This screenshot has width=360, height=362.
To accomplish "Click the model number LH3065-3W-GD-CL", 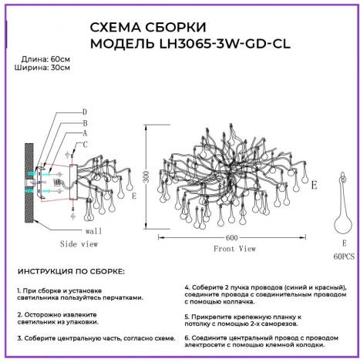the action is click(x=225, y=44).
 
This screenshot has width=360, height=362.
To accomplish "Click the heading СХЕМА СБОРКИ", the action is click(x=148, y=27).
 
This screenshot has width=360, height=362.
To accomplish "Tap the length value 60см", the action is click(x=60, y=59).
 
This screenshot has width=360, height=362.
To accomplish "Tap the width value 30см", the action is click(x=60, y=68).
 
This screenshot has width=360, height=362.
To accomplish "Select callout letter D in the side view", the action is click(x=85, y=112).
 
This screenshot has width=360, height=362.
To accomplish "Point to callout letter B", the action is click(x=85, y=123).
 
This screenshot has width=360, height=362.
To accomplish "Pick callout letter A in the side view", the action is click(x=85, y=133).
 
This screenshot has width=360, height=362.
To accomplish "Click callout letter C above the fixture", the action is click(x=85, y=145).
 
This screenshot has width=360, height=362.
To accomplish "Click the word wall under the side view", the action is click(x=93, y=231).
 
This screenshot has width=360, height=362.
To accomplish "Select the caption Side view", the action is click(x=79, y=244).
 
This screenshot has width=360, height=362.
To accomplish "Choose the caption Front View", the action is click(x=234, y=249).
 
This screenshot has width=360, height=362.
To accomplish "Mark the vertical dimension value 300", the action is click(x=146, y=176).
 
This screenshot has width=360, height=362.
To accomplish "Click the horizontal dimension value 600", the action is click(x=231, y=238).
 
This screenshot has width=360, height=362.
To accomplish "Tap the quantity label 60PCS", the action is click(x=344, y=256).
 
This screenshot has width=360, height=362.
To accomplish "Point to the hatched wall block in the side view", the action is click(x=29, y=183).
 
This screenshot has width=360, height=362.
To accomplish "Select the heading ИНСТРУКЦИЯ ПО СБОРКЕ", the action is click(x=71, y=272).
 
